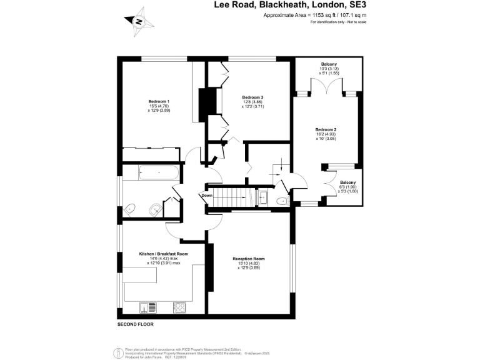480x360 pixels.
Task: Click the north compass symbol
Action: tap(139, 20)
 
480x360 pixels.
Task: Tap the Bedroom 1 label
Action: tap(159, 101)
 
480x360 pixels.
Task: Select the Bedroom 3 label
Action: tap(252, 97)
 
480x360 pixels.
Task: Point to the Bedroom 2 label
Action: tap(326, 129)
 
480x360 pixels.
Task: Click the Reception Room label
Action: tap(249, 259)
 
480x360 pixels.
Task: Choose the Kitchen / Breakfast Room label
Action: tap(163, 254)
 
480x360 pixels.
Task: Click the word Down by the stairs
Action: tap(207, 196)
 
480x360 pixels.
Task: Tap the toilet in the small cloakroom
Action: tap(282, 201)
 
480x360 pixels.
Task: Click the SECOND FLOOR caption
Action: tap(136, 325)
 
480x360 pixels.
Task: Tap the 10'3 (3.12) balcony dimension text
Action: tap(329, 69)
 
